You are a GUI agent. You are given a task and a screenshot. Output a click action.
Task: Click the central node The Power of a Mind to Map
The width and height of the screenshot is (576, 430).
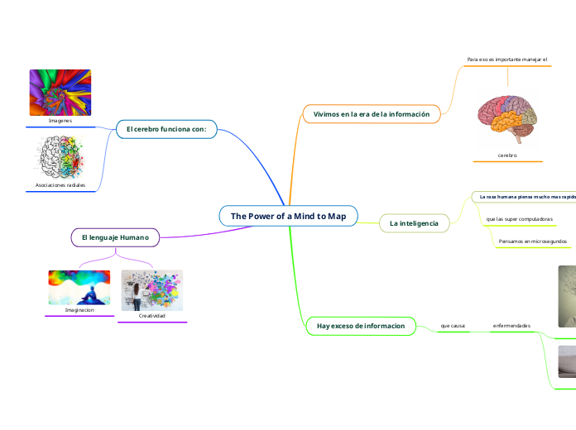[x=288, y=216]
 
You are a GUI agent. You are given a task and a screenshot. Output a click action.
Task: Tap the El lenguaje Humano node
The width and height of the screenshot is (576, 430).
[x=115, y=237]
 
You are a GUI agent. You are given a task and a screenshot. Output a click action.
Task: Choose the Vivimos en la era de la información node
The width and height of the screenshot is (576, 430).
[x=372, y=113]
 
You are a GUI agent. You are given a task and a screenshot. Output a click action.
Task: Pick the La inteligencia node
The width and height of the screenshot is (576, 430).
[x=414, y=223]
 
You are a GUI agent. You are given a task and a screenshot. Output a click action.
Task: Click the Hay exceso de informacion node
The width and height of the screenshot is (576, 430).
[x=361, y=326]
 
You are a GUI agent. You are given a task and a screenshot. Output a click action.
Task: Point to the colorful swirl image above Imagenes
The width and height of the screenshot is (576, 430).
[x=60, y=92]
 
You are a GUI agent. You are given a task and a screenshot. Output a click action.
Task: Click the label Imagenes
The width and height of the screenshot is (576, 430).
[x=60, y=121]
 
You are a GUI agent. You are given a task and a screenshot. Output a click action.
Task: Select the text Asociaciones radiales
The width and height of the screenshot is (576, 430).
[x=60, y=185]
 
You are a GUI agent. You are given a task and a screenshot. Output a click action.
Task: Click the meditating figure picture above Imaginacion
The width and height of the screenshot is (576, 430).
[x=79, y=288]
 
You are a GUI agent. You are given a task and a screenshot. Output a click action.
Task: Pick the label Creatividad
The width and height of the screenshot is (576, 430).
[x=151, y=316]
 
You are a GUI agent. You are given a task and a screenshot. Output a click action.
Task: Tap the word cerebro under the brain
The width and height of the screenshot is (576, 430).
[x=507, y=155]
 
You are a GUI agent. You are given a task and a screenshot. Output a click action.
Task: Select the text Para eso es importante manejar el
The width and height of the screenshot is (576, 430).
[x=507, y=60]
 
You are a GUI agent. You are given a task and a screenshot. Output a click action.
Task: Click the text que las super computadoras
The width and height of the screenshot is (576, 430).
[x=519, y=219]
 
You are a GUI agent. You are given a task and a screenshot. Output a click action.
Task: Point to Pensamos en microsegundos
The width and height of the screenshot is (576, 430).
[x=532, y=241]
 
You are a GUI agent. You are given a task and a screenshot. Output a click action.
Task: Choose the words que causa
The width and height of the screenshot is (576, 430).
[x=453, y=326]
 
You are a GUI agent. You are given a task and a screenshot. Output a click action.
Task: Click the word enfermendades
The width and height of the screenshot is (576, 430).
[x=511, y=326]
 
